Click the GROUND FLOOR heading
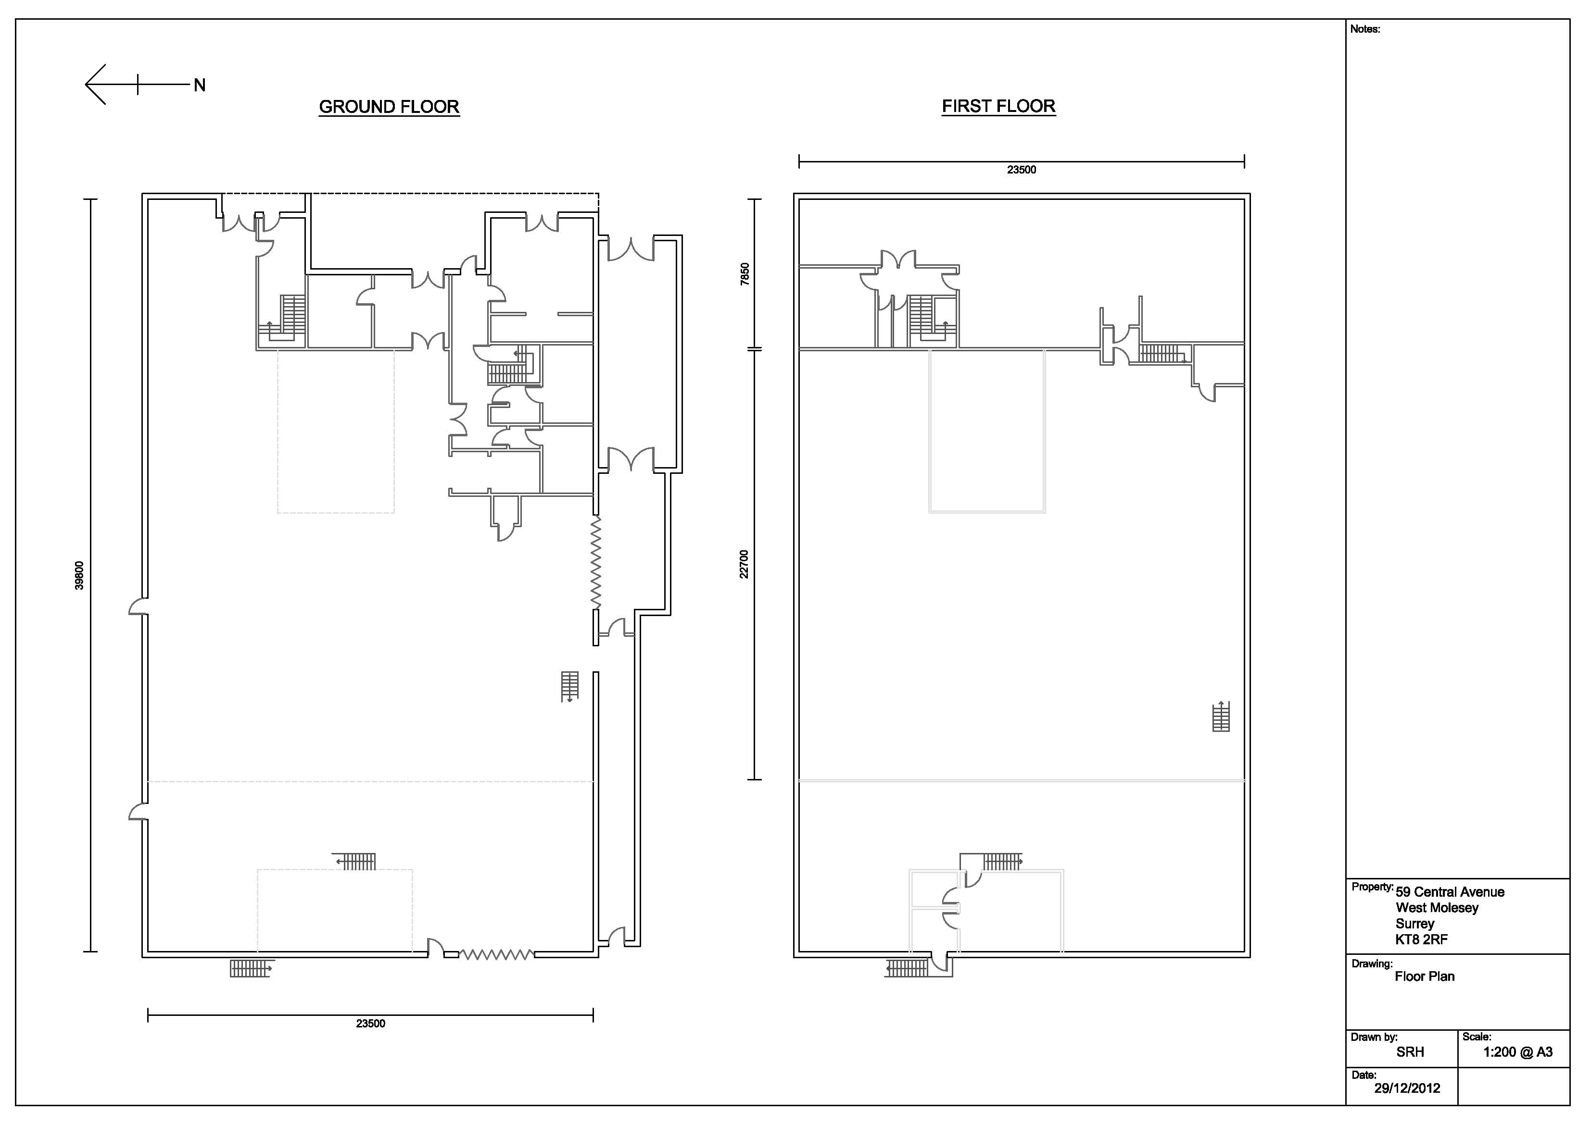tap(389, 107)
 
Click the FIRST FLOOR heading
tap(998, 106)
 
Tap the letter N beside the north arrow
tap(200, 85)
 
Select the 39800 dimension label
tap(79, 576)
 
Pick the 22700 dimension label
tap(744, 565)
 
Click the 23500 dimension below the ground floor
tap(371, 1024)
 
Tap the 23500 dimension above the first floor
tap(1022, 170)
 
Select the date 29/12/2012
tap(1407, 1088)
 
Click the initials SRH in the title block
tap(1410, 1052)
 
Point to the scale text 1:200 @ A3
tap(1517, 1052)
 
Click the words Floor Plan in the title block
tap(1425, 976)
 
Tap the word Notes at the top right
tap(1365, 29)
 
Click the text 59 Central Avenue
tap(1450, 892)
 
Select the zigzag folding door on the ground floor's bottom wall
tap(496, 954)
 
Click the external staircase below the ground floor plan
tap(250, 968)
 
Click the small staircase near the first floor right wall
tap(1221, 717)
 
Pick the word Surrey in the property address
tap(1415, 924)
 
